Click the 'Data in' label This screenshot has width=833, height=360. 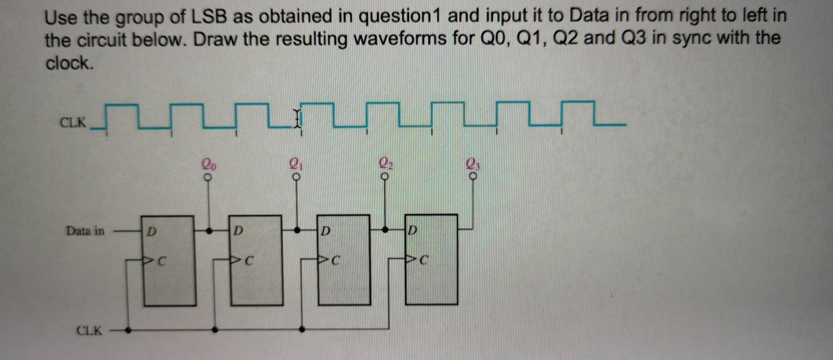[x=85, y=231]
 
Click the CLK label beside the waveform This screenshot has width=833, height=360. [x=73, y=122]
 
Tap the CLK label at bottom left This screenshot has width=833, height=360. [x=89, y=331]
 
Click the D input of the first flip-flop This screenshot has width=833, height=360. [x=152, y=231]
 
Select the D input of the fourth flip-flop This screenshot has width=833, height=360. [x=412, y=230]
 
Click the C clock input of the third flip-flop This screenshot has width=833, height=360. [x=335, y=260]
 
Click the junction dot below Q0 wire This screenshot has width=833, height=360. [x=209, y=231]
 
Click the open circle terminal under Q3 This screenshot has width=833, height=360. [x=472, y=176]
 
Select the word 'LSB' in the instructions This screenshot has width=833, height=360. [x=210, y=17]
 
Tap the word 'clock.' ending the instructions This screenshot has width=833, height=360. [x=70, y=63]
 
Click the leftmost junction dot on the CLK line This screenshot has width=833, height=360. [x=128, y=330]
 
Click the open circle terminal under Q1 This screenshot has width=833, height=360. [x=296, y=176]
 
